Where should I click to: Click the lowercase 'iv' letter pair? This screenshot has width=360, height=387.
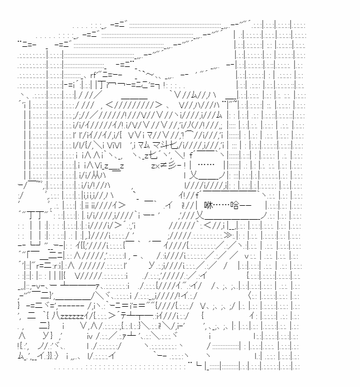(90, 336)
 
